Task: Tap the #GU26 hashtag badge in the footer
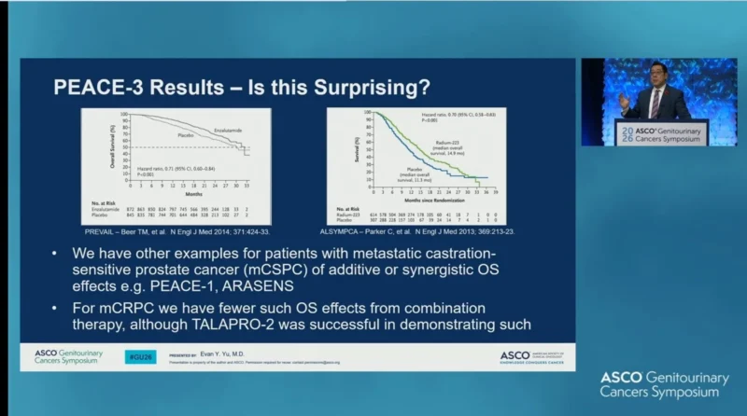point(140,356)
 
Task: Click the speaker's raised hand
point(623,98)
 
